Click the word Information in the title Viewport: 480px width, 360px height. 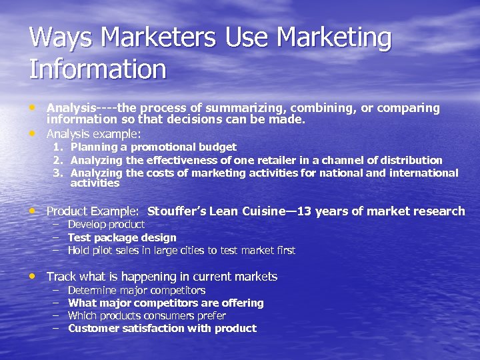click(97, 69)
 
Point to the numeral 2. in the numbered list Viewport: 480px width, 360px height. click(58, 160)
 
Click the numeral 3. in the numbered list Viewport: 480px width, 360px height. click(58, 173)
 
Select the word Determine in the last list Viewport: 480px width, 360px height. click(93, 291)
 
